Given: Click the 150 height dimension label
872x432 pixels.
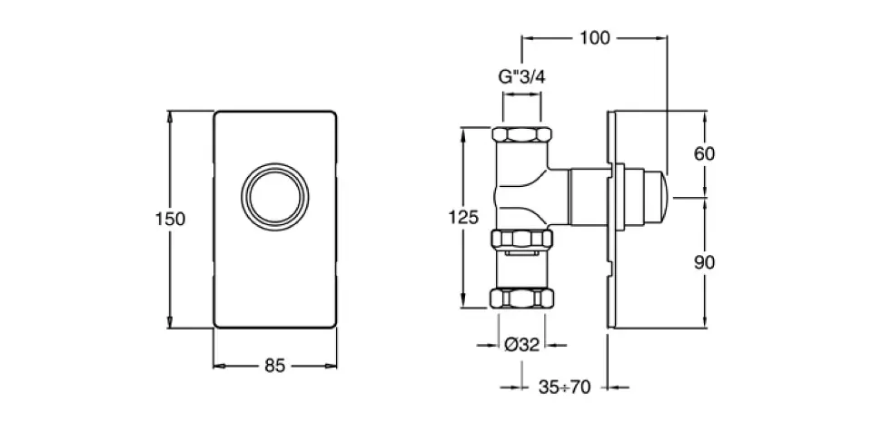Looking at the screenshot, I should [170, 219].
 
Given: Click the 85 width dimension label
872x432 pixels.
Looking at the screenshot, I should [275, 366].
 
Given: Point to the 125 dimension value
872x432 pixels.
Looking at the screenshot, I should [463, 217].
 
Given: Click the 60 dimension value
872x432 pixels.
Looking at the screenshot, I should [704, 153].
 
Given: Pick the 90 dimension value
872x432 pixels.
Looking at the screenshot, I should [704, 262].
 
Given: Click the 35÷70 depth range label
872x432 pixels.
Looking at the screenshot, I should [563, 388].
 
